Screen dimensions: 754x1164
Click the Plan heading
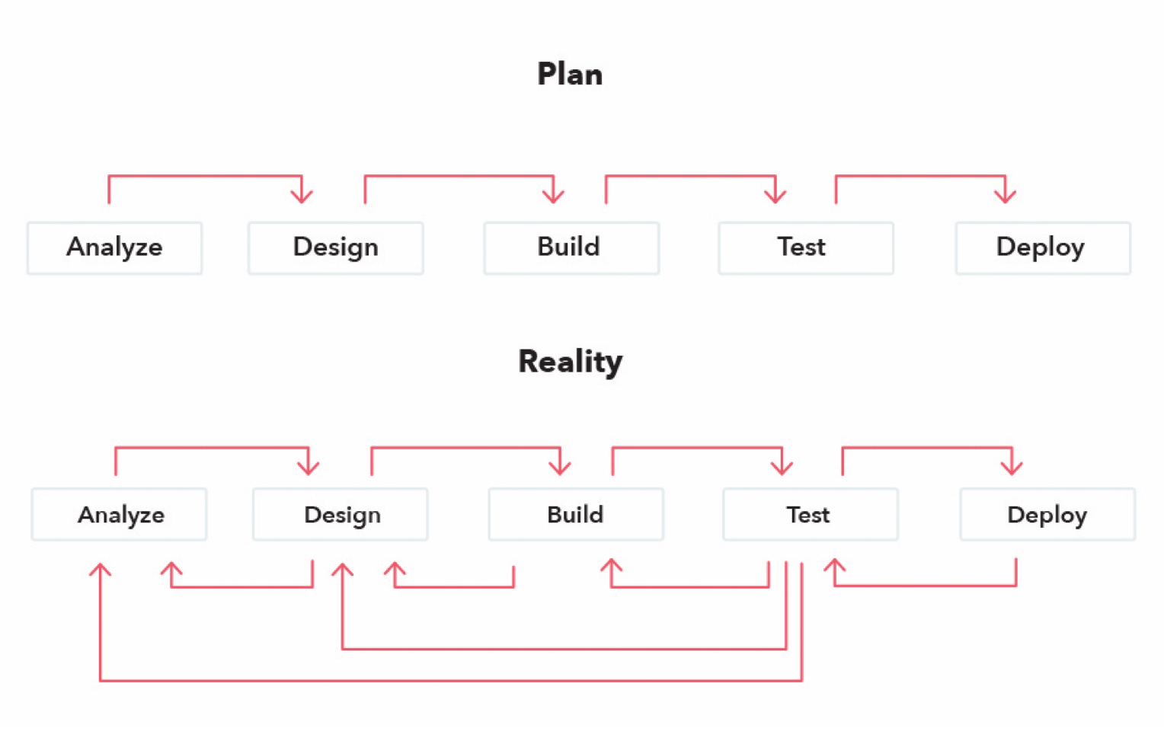pyautogui.click(x=570, y=75)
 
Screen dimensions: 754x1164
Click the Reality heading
pyautogui.click(x=570, y=362)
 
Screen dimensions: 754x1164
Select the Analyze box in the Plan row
pyautogui.click(x=114, y=248)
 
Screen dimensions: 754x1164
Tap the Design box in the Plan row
pyautogui.click(x=335, y=248)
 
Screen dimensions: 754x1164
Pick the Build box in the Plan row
pyautogui.click(x=571, y=248)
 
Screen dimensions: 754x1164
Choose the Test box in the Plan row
pyautogui.click(x=805, y=248)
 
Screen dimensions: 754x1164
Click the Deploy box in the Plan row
pyautogui.click(x=1043, y=248)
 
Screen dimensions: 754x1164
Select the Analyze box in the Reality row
pyautogui.click(x=119, y=515)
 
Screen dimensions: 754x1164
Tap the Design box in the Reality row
pyautogui.click(x=340, y=515)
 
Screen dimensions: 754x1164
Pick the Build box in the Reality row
pyautogui.click(x=576, y=515)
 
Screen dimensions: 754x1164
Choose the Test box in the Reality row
pyautogui.click(x=810, y=515)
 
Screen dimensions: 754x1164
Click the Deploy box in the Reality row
pyautogui.click(x=1047, y=515)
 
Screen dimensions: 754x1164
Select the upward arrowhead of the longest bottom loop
pyautogui.click(x=100, y=570)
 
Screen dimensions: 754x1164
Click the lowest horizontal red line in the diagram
pyautogui.click(x=449, y=680)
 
